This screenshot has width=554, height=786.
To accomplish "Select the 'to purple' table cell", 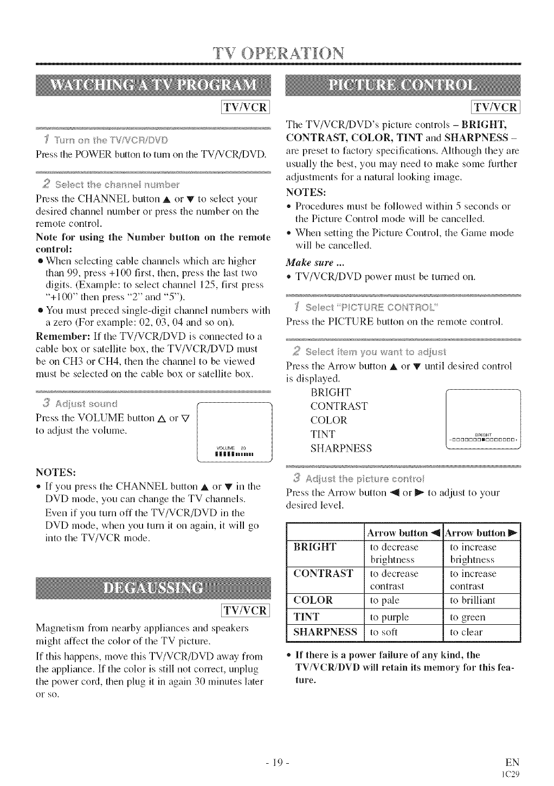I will click(389, 617).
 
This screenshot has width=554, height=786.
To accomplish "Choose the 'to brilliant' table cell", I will click(473, 600).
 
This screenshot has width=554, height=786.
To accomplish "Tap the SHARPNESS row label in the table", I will click(325, 632).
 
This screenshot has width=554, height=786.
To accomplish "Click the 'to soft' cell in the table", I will click(384, 632).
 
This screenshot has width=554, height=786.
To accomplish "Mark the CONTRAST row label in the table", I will click(323, 574).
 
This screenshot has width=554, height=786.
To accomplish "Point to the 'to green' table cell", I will click(468, 617).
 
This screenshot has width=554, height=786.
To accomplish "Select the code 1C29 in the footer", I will click(512, 775).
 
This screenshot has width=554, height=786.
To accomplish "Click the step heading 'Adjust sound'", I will click(81, 404).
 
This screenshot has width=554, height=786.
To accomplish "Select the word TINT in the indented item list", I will click(323, 434).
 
